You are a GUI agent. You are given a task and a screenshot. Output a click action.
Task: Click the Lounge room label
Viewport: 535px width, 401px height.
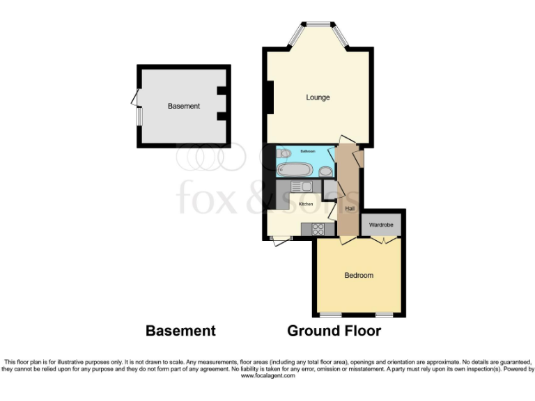click(x=318, y=97)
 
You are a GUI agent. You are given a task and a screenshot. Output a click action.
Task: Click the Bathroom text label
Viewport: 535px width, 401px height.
click(x=307, y=150)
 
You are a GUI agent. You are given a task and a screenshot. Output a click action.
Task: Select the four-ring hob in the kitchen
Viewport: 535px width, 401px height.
click(x=318, y=228)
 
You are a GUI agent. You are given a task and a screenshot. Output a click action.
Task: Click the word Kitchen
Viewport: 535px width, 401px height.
click(x=306, y=204)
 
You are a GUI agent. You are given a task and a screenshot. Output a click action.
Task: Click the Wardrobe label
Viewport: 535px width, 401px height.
click(x=381, y=225)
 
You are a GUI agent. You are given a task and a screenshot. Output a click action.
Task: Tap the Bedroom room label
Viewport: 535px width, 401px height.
click(x=359, y=275)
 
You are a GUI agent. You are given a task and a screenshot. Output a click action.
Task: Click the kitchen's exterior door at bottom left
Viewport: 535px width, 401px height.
click(x=281, y=241)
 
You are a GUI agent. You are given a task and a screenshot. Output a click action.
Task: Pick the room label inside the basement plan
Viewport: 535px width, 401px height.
click(x=184, y=106)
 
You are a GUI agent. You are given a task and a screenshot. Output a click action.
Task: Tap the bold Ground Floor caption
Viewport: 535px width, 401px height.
click(x=334, y=331)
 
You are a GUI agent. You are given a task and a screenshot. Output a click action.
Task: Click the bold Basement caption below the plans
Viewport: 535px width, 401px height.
click(x=180, y=331)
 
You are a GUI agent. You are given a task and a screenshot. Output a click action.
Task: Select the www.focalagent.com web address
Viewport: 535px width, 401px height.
click(x=267, y=375)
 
